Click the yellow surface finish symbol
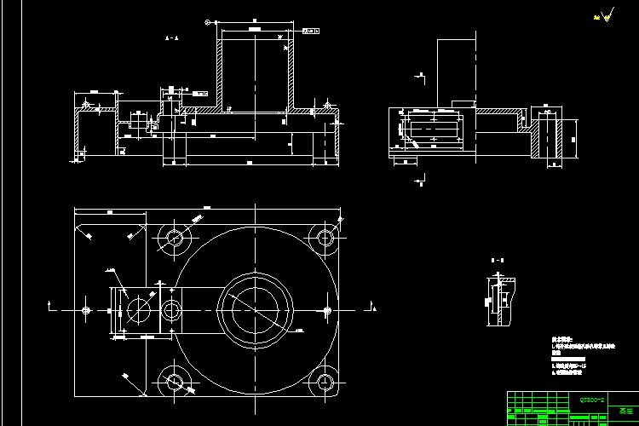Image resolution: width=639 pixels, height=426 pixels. pos(606,15)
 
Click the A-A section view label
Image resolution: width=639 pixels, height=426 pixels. pos(171,38)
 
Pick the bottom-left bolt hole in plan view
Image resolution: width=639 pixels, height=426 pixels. pos(176,381)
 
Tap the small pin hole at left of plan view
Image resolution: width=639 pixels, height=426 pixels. pos(85,309)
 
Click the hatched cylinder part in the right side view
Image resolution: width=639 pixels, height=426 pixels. pos(546,138)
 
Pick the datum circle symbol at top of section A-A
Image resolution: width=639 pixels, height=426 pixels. pos(207,22)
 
